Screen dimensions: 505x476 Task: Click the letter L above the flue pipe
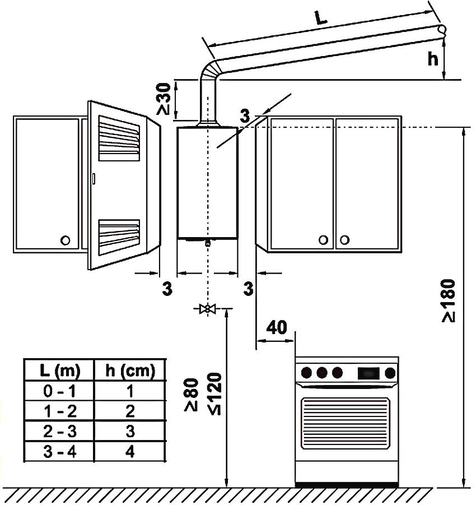click(321, 18)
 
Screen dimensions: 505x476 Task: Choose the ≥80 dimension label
click(192, 394)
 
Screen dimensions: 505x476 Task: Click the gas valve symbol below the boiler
click(208, 309)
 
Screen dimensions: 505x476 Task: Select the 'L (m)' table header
click(60, 370)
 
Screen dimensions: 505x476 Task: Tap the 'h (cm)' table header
click(130, 370)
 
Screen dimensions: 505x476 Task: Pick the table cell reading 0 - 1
click(60, 391)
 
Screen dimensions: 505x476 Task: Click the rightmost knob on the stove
click(390, 372)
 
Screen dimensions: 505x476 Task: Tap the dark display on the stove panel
click(368, 372)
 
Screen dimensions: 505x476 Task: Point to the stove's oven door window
click(346, 423)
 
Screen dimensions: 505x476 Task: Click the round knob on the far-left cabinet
click(65, 240)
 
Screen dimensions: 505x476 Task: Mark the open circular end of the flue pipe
click(442, 29)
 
